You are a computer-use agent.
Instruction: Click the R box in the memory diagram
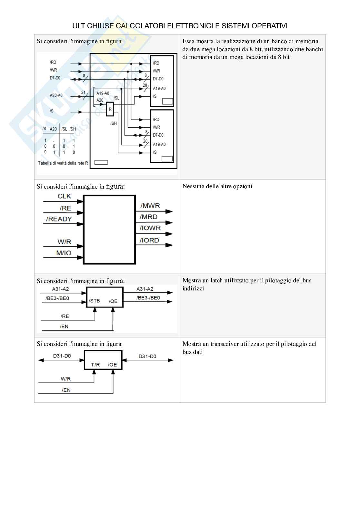point(110,109)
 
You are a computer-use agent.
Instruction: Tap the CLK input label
point(64,196)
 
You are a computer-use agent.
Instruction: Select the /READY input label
point(59,219)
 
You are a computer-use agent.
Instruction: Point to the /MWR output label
point(150,206)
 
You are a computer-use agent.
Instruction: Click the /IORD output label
point(149,240)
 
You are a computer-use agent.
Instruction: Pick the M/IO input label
point(64,253)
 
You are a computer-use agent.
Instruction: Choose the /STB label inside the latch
point(95,301)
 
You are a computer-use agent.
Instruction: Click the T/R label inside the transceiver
point(95,365)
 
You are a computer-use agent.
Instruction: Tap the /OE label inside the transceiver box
point(112,365)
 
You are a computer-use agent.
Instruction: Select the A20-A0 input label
point(56,95)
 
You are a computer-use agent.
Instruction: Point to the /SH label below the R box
point(114,123)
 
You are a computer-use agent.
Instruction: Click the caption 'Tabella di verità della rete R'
point(63,163)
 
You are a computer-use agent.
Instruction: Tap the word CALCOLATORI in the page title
point(140,26)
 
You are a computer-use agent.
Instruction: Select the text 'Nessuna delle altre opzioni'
point(217,186)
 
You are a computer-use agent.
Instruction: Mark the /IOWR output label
point(150,228)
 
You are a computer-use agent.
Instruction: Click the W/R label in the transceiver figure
point(65,379)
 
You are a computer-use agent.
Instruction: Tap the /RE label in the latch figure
point(65,316)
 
